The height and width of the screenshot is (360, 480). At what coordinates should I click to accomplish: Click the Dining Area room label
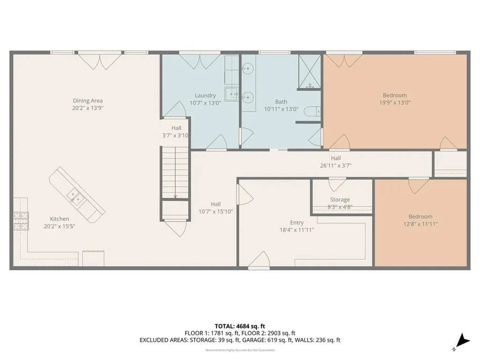tap(88, 101)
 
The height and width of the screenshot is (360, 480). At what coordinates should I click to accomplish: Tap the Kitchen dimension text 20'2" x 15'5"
tap(60, 226)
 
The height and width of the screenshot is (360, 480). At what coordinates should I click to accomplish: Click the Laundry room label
tap(205, 96)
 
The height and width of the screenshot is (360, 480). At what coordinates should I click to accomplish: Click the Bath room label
tap(281, 102)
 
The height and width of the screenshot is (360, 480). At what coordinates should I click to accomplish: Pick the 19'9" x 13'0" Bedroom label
tap(394, 102)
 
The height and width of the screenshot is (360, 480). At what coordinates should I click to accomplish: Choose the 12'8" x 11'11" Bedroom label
tap(420, 224)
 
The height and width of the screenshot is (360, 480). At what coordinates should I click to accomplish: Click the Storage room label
tap(339, 200)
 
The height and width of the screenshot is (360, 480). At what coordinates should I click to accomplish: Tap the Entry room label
tap(297, 223)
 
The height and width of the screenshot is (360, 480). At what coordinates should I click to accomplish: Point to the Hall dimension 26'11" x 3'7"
tap(335, 165)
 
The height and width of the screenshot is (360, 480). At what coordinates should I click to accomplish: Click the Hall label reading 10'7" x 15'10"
tap(216, 211)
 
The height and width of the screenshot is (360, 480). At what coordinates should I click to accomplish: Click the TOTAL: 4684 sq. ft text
tap(240, 326)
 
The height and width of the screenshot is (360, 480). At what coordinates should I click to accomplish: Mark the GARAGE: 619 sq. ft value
tap(275, 340)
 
